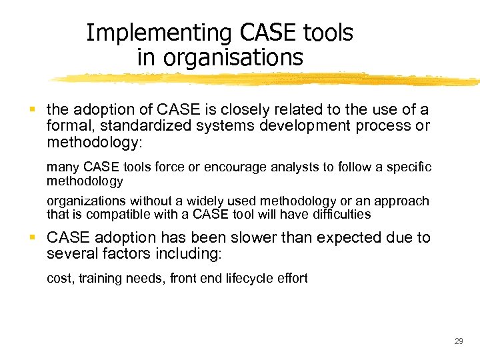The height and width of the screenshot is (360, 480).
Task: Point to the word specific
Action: click(409, 166)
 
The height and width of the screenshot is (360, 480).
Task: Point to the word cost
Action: click(58, 278)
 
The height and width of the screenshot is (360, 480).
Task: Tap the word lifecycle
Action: click(239, 278)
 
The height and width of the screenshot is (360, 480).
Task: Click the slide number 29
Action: click(458, 341)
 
